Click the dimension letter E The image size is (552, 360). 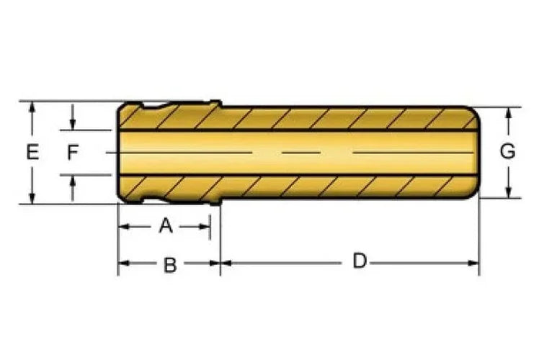(x=32, y=153)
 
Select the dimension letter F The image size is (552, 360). (x=73, y=153)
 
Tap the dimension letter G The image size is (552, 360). (x=507, y=151)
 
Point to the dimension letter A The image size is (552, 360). (x=166, y=225)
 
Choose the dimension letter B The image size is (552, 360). (x=170, y=265)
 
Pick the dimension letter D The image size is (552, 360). (x=360, y=261)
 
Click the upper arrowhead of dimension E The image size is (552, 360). (x=32, y=107)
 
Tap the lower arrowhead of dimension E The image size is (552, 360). (x=32, y=198)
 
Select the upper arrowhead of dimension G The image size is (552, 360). (x=508, y=113)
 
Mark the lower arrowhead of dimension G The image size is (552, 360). (x=508, y=192)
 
